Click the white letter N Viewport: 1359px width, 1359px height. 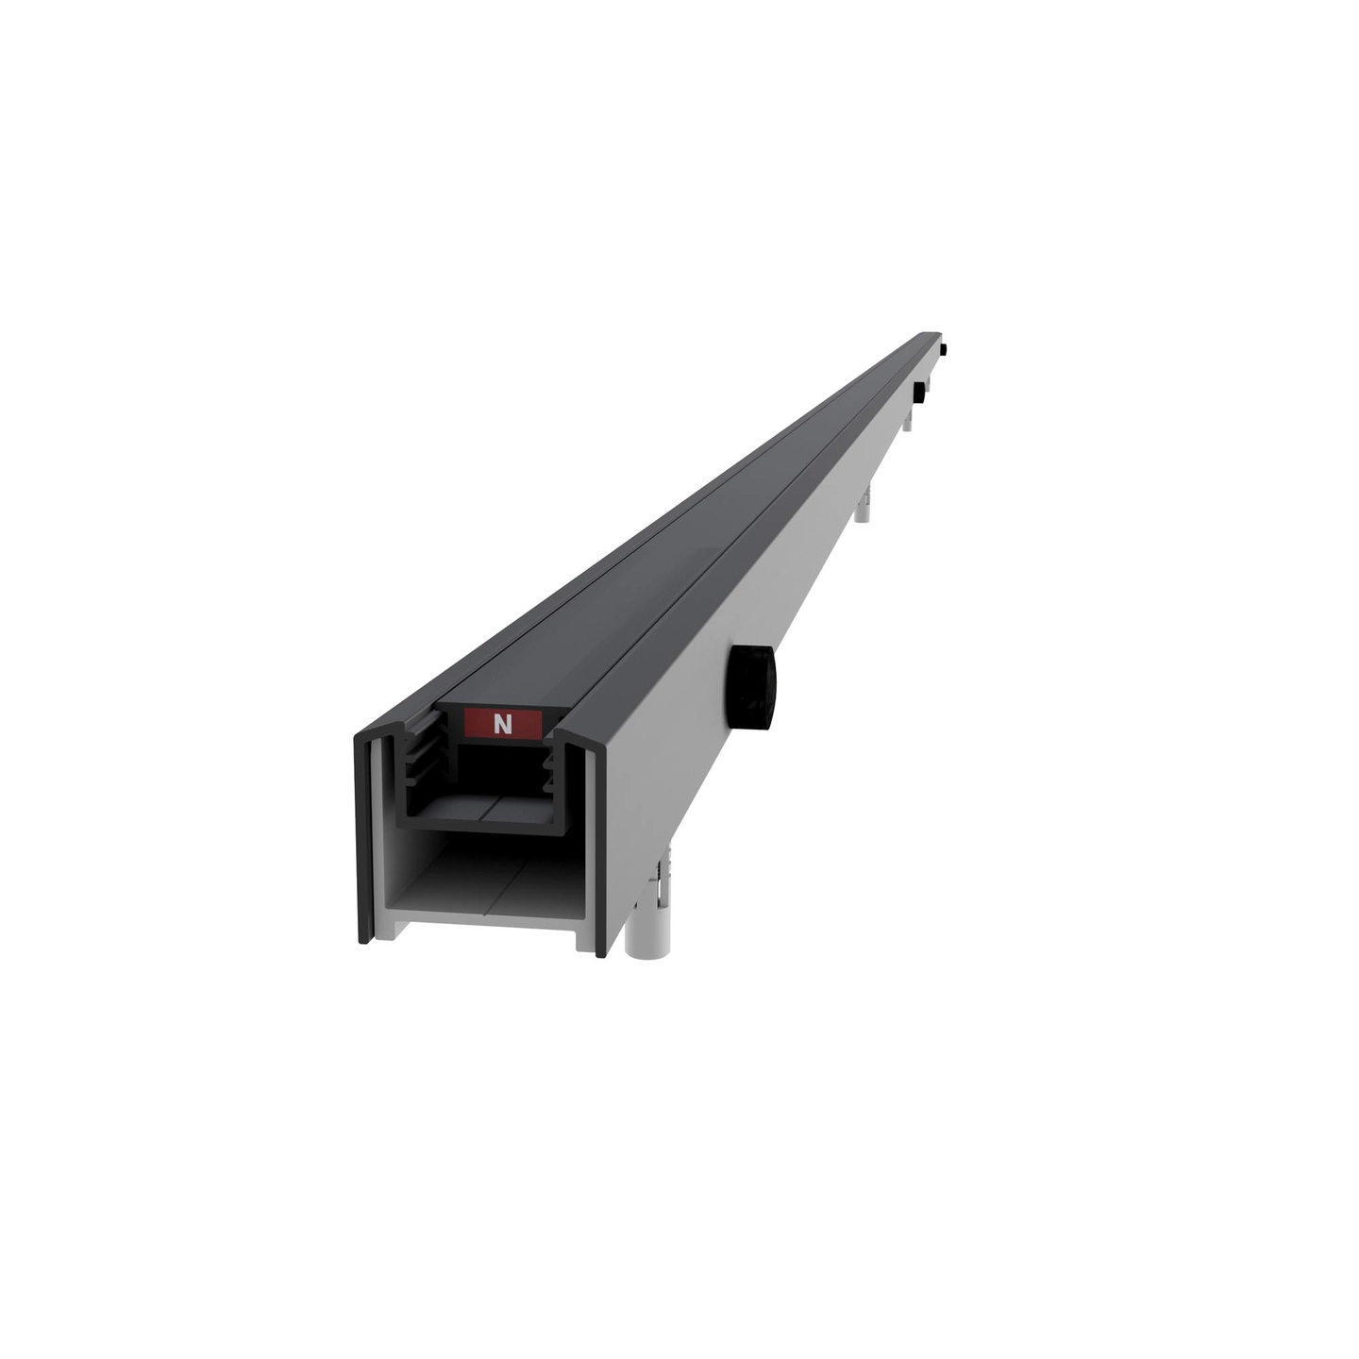point(502,724)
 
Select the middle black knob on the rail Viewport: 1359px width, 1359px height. point(919,393)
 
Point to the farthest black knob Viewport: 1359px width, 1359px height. point(945,350)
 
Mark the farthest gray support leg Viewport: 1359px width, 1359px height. point(928,384)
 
